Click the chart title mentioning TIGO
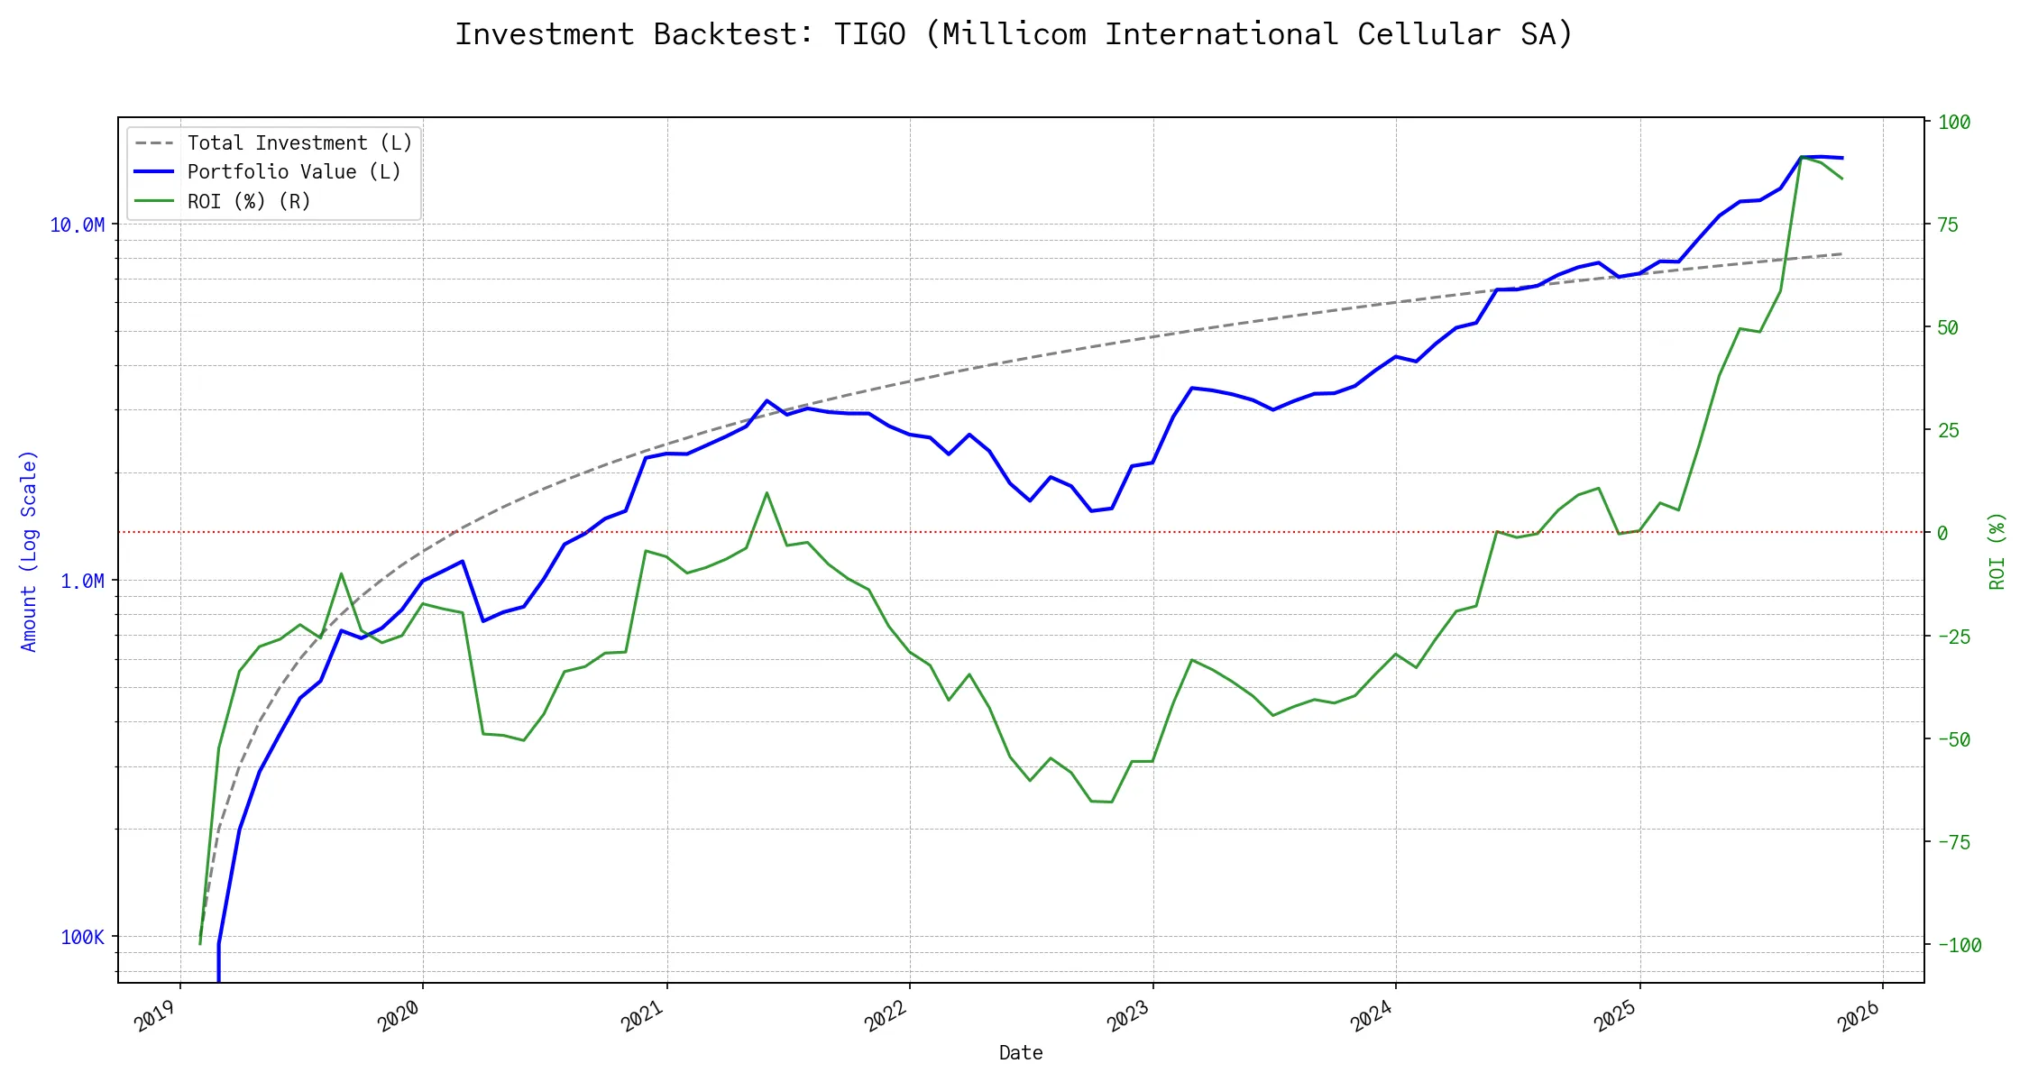[x=1014, y=34]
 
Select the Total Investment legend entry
[x=299, y=143]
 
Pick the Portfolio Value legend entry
[x=294, y=172]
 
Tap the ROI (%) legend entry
[x=249, y=202]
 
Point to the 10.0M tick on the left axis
[x=77, y=225]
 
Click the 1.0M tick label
[x=82, y=582]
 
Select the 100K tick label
[x=82, y=938]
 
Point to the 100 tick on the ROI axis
[x=1954, y=123]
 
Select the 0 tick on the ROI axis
[x=1942, y=534]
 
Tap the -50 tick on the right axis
[x=1954, y=739]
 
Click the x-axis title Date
[x=1021, y=1053]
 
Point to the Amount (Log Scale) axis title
[x=29, y=551]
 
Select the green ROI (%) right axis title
[x=1997, y=551]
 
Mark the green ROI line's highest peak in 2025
[x=1801, y=157]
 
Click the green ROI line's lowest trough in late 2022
[x=1111, y=802]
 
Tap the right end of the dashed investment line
[x=1841, y=254]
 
